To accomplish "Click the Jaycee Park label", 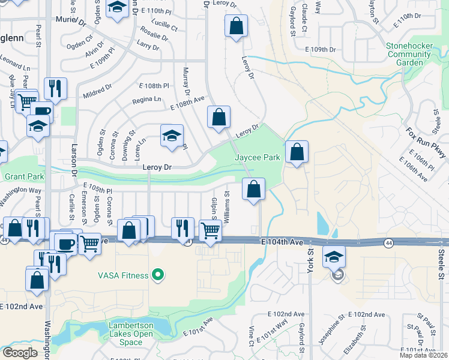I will (258, 158).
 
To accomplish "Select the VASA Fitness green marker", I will (158, 275).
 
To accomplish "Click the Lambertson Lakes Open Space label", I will (125, 334).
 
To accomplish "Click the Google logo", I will (20, 353).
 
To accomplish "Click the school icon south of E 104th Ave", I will (334, 258).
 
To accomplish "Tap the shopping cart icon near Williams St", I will (209, 230).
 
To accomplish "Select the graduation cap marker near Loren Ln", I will (172, 136).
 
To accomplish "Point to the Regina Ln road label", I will (146, 99).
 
